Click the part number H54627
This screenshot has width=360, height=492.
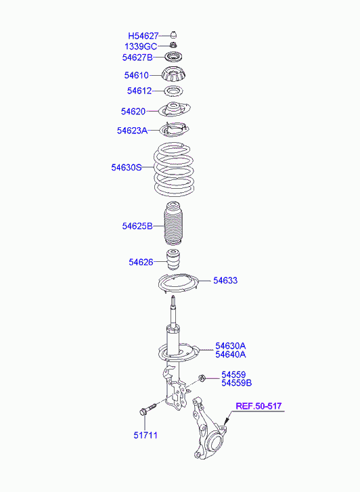click(x=143, y=36)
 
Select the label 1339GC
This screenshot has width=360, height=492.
click(x=141, y=47)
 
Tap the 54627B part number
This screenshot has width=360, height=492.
click(x=137, y=58)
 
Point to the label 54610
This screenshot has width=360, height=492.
click(x=136, y=75)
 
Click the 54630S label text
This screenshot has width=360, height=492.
click(x=127, y=167)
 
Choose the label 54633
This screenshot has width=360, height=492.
click(x=225, y=280)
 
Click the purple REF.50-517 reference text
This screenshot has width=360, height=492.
click(x=258, y=406)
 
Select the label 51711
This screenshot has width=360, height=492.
click(x=145, y=435)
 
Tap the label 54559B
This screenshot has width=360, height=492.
click(x=237, y=383)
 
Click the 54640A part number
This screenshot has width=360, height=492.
click(x=230, y=355)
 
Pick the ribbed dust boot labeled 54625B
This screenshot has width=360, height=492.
click(x=173, y=223)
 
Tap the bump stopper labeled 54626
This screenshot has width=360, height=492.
click(x=173, y=259)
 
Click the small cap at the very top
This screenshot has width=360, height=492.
click(x=173, y=35)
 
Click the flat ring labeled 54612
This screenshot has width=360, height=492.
click(x=174, y=91)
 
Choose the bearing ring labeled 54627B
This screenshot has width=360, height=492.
click(x=174, y=58)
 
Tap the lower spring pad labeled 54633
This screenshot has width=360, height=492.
click(x=178, y=284)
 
